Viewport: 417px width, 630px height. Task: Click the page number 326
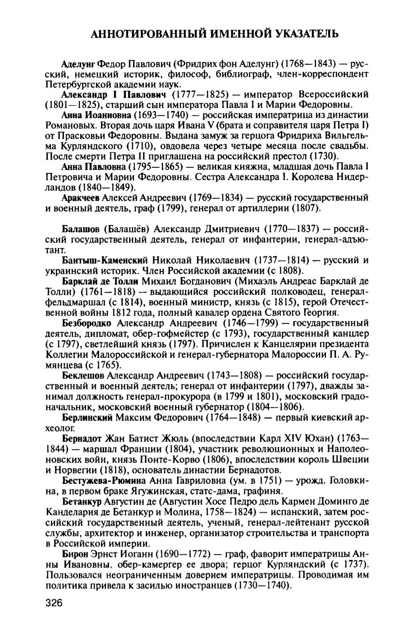point(54,603)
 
